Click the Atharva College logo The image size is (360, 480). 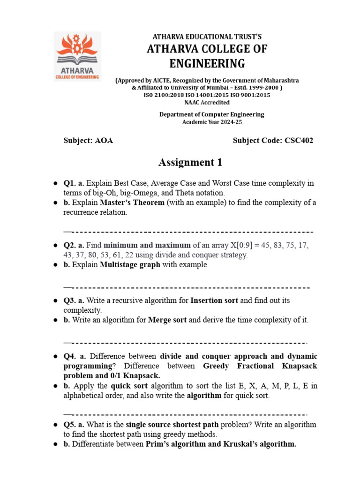click(77, 56)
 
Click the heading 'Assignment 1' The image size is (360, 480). click(190, 163)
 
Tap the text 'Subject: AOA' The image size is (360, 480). click(88, 141)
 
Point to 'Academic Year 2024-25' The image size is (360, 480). click(212, 122)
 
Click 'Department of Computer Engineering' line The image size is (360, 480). click(212, 114)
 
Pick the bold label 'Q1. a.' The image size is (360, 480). click(74, 183)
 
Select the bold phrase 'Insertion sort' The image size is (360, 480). click(215, 300)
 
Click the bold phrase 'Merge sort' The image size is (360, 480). click(167, 320)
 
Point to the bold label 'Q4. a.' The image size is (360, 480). click(74, 356)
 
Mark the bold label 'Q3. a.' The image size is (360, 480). click(74, 300)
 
